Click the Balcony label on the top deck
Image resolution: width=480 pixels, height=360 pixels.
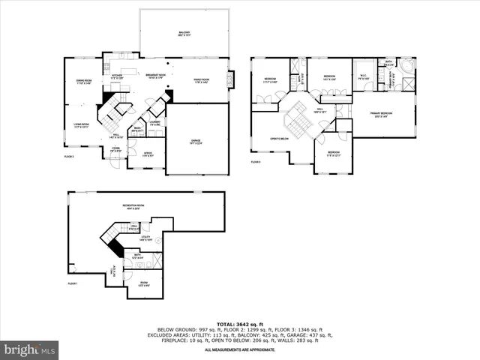[184, 34]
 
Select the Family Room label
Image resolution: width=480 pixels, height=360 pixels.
[200, 80]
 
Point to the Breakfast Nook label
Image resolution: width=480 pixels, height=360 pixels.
[155, 77]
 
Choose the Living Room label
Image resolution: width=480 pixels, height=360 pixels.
[81, 124]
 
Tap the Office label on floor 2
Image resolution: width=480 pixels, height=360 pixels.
[148, 155]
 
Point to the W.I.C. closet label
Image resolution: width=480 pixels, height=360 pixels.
[363, 77]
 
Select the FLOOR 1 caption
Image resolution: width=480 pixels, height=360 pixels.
[73, 283]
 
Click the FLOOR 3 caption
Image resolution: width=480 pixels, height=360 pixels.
[256, 161]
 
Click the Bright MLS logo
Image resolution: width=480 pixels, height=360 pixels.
[30, 349]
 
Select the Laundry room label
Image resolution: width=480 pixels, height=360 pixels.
[155, 122]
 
